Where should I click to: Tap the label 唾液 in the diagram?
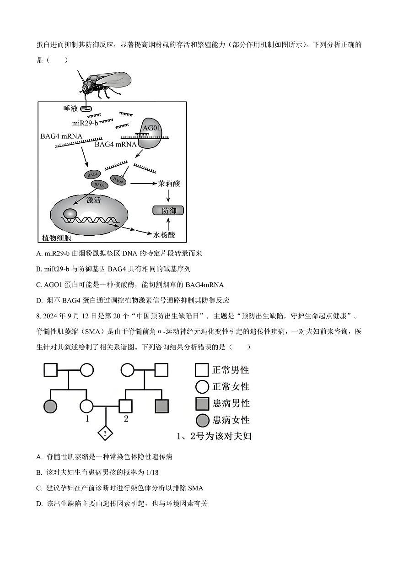pos(71,108)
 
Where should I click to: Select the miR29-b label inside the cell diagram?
pos(85,124)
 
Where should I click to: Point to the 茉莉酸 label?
pos(169,184)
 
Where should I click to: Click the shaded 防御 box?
pos(169,211)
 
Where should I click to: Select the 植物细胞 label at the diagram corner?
pos(57,238)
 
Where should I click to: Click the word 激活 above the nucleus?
pos(94,200)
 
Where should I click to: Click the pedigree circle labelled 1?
pos(87,406)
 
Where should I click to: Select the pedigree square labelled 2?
pos(126,406)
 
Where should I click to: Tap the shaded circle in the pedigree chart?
pos(50,406)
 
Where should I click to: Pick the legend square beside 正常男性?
pos(202,370)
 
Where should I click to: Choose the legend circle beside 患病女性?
pos(202,420)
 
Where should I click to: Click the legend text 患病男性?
pos(231,404)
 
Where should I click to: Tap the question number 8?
pos(38,316)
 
